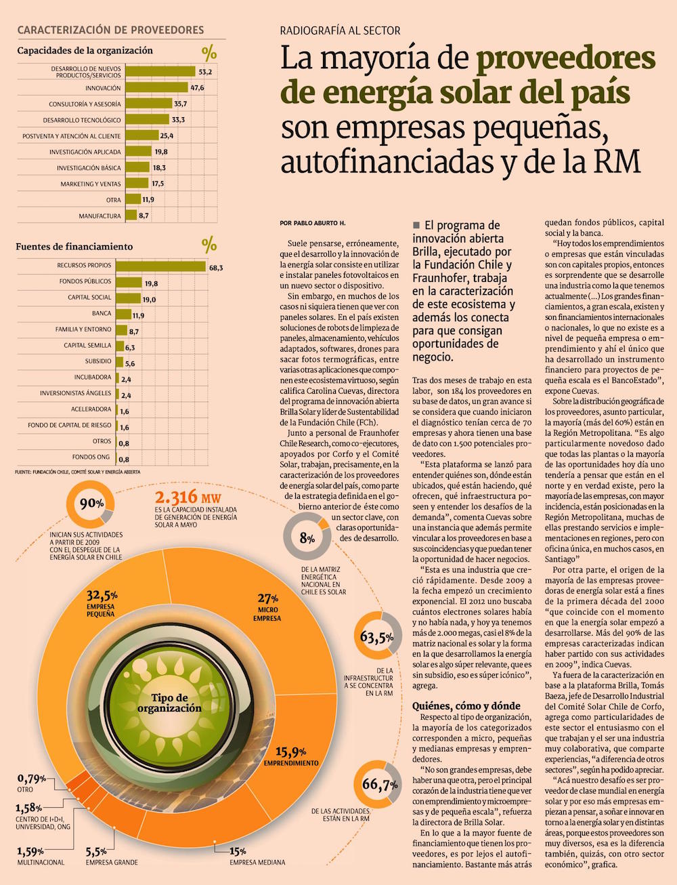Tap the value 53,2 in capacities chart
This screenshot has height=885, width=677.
coord(205,72)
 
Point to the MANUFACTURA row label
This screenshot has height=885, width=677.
coord(100,216)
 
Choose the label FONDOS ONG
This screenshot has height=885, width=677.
coord(91,457)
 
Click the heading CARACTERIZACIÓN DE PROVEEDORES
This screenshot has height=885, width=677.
coord(110,30)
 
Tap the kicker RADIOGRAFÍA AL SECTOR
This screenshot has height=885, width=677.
coord(340,30)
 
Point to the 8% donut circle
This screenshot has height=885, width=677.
coord(307,539)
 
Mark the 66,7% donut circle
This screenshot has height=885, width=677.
coord(379,785)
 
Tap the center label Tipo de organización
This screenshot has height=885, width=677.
coord(169,703)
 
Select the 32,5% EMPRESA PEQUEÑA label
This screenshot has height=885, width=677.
coord(102,602)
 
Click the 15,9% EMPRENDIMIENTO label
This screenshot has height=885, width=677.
coord(291,756)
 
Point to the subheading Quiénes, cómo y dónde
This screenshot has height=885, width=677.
coord(466,705)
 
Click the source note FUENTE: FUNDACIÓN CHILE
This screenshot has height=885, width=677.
coord(78,471)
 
